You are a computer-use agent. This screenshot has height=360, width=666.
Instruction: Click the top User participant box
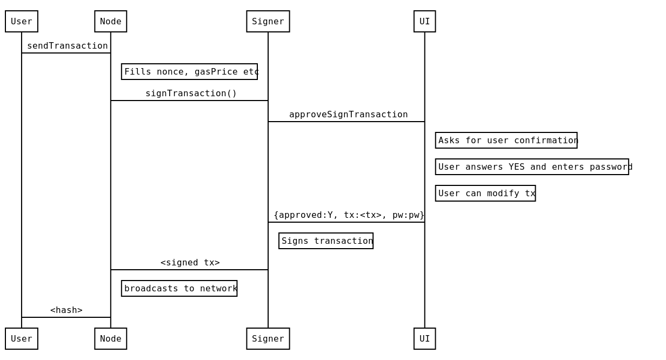click(22, 22)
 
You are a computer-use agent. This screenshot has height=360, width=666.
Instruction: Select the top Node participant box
click(111, 22)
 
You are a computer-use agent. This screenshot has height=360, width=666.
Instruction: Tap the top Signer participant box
click(268, 22)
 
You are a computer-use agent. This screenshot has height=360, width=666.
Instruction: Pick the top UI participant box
click(424, 22)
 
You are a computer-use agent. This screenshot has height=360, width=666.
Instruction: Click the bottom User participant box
click(22, 339)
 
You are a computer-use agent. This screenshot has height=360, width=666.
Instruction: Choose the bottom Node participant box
click(111, 339)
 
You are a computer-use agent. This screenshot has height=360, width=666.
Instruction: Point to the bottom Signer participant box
click(268, 339)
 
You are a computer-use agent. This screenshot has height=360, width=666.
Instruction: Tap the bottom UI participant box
click(424, 339)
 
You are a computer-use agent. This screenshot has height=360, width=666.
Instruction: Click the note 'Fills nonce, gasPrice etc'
click(189, 72)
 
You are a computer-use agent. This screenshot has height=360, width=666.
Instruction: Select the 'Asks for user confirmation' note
click(506, 141)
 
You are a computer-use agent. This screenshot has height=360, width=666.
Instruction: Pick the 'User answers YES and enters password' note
click(532, 167)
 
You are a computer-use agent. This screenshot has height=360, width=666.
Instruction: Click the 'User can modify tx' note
click(485, 194)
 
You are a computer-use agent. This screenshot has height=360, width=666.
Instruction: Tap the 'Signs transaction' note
click(326, 241)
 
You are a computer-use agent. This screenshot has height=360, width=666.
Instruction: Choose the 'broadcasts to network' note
click(179, 289)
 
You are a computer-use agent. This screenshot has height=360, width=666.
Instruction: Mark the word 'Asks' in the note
click(449, 141)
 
